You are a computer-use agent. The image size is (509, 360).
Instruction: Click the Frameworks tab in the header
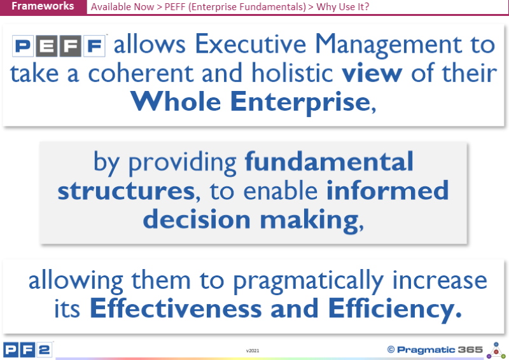click(x=43, y=6)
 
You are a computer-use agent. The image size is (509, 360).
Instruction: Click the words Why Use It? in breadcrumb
click(x=342, y=7)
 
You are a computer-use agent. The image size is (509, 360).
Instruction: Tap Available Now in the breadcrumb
click(x=122, y=7)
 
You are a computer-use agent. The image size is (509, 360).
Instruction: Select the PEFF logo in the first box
click(x=59, y=46)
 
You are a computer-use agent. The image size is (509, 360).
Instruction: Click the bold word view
click(x=372, y=73)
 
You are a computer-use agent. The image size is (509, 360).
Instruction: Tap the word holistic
click(x=292, y=72)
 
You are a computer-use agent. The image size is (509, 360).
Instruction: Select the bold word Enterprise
click(x=300, y=102)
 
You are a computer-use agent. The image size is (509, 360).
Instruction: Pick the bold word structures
click(x=126, y=190)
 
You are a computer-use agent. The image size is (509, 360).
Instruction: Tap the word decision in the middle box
click(x=197, y=219)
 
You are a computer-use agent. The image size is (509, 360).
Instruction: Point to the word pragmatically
click(x=309, y=281)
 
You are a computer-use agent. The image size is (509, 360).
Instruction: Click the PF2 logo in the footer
click(x=27, y=350)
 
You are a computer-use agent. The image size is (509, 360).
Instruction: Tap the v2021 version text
click(x=253, y=350)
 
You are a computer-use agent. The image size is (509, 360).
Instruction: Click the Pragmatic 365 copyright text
click(x=435, y=350)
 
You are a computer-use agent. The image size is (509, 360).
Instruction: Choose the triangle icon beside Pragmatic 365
click(x=496, y=350)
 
